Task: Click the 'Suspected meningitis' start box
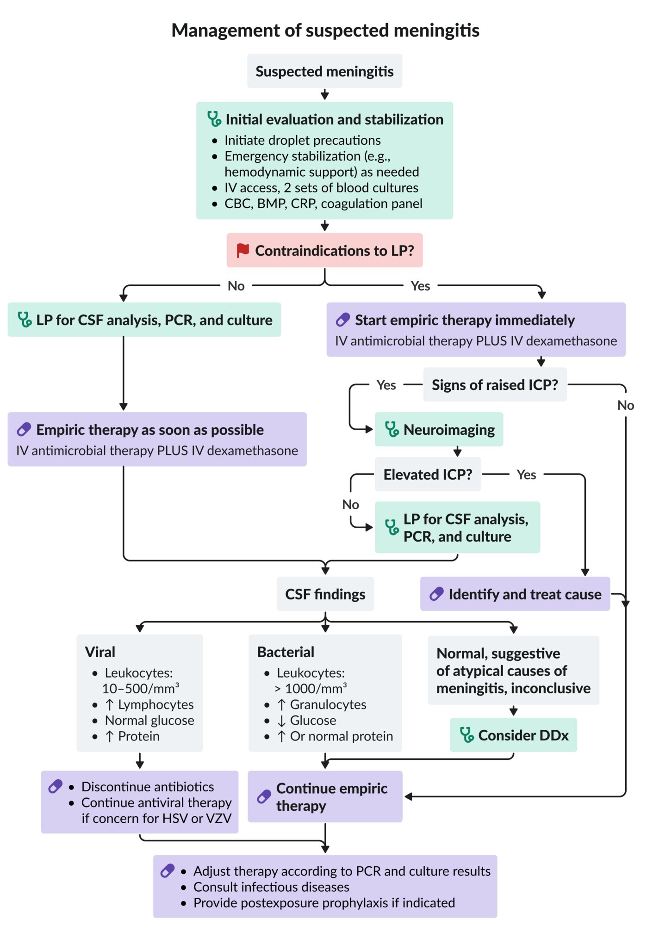[x=324, y=71]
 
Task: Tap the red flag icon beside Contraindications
[x=243, y=250]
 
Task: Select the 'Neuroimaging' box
[x=439, y=430]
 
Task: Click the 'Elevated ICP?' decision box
[x=428, y=475]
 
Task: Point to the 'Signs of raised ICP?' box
[x=495, y=385]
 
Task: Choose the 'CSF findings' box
[x=325, y=594]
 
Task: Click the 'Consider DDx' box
[x=513, y=735]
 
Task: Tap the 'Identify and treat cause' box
[x=515, y=594]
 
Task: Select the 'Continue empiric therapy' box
[x=325, y=797]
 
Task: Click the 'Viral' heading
[x=100, y=652]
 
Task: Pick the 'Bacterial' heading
[x=286, y=652]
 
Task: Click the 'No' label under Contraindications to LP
[x=236, y=286]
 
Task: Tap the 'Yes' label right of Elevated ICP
[x=526, y=475]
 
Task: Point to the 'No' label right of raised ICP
[x=626, y=406]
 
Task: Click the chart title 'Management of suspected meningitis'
[x=325, y=31]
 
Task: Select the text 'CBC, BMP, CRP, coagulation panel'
[x=323, y=203]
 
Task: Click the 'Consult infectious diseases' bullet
[x=271, y=887]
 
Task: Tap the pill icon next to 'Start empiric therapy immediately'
[x=342, y=320]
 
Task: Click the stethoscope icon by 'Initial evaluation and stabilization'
[x=214, y=119]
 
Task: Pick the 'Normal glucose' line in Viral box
[x=149, y=721]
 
